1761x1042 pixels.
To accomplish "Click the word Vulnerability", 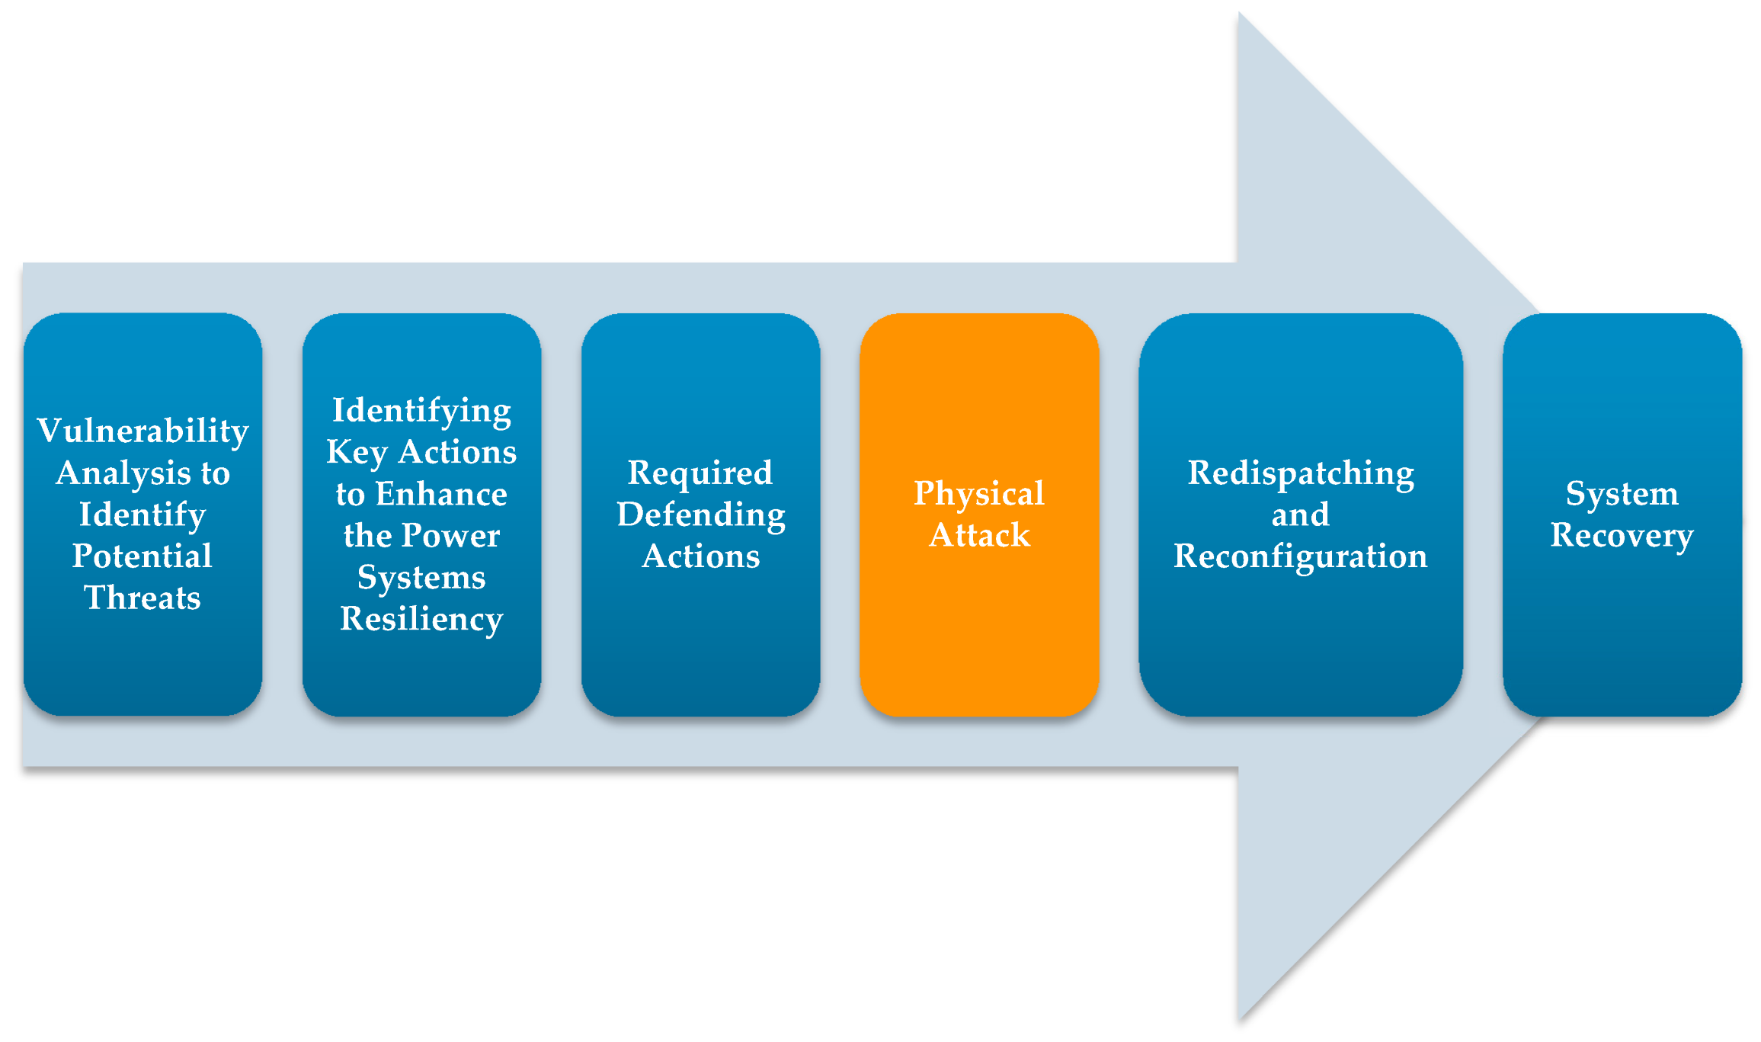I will pyautogui.click(x=142, y=431).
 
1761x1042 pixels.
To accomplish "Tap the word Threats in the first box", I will pyautogui.click(x=142, y=598).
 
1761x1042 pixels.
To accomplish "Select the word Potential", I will pyautogui.click(x=142, y=556).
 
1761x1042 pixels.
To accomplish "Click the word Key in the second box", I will pyautogui.click(x=357, y=452).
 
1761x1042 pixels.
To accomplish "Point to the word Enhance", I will pyautogui.click(x=441, y=494).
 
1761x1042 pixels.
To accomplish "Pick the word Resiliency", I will pyautogui.click(x=421, y=618).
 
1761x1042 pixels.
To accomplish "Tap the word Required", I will pyautogui.click(x=700, y=473).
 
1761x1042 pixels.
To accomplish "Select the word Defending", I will pyautogui.click(x=700, y=515).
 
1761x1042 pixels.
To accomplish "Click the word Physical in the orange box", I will pyautogui.click(x=979, y=493).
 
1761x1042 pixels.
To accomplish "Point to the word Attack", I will pyautogui.click(x=979, y=535).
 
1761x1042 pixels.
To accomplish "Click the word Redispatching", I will pyautogui.click(x=1301, y=473).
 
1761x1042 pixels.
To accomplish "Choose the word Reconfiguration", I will pyautogui.click(x=1301, y=556).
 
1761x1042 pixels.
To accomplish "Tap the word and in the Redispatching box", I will pyautogui.click(x=1301, y=515).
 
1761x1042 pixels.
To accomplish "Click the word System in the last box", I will pyautogui.click(x=1622, y=493).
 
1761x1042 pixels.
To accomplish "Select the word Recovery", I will pyautogui.click(x=1622, y=535).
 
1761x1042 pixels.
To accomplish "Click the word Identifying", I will pyautogui.click(x=421, y=411).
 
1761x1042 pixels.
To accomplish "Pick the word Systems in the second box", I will pyautogui.click(x=421, y=577).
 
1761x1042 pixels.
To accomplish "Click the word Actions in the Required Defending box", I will pyautogui.click(x=700, y=556).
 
